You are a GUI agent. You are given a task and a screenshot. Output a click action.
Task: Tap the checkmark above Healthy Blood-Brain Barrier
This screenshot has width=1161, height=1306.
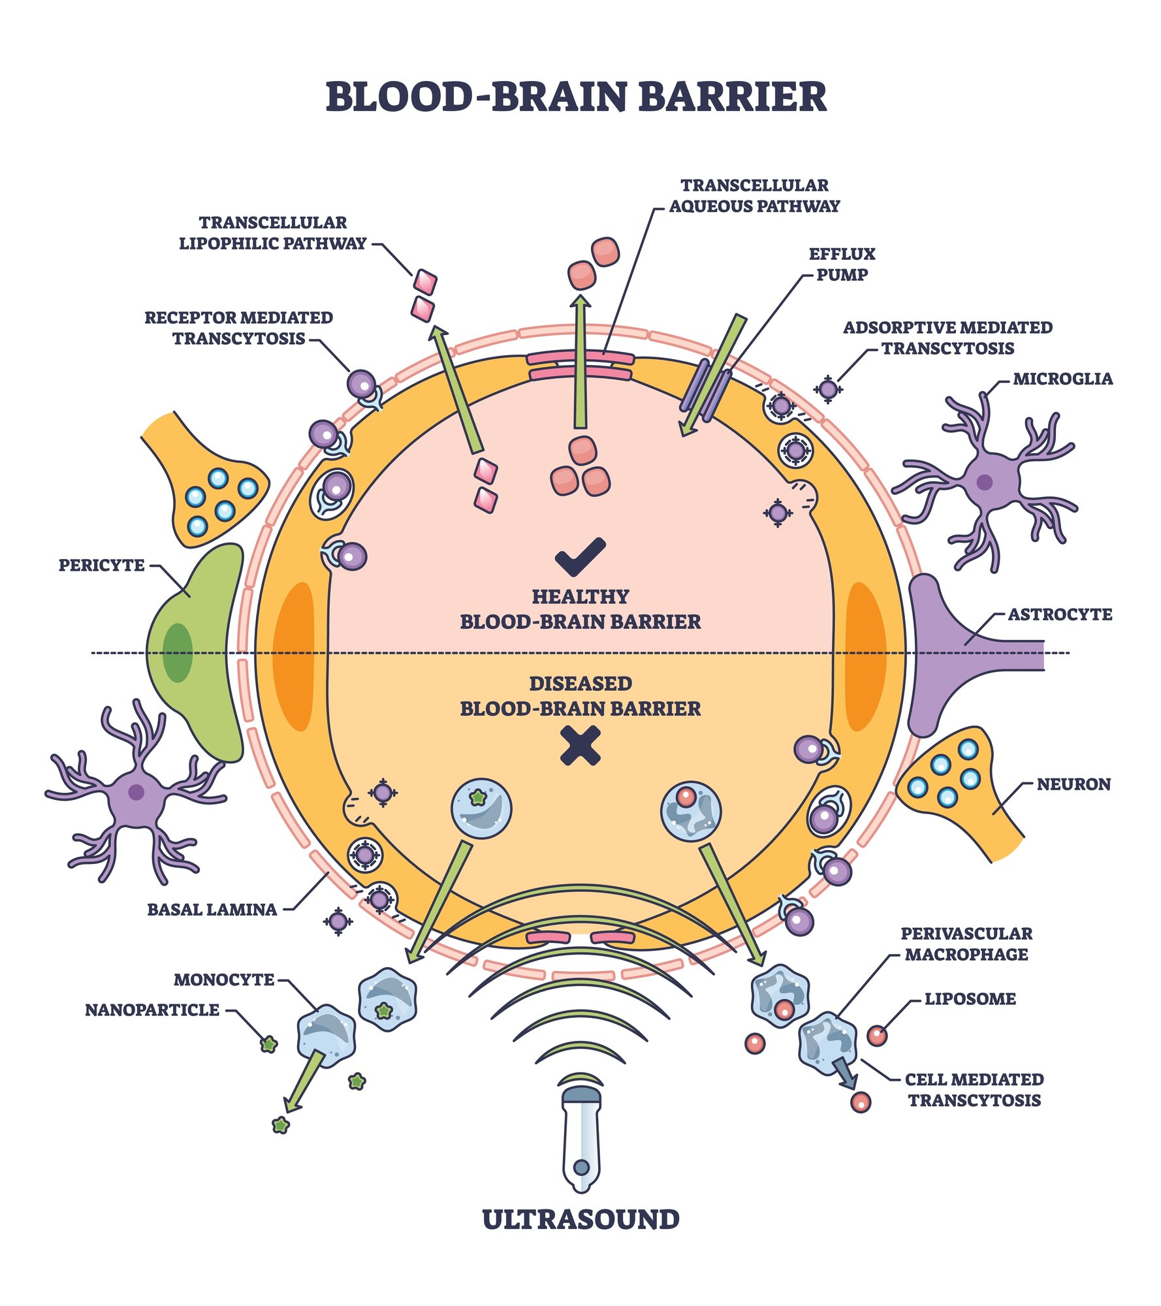[580, 556]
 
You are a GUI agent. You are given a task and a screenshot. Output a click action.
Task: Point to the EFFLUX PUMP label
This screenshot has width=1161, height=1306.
[842, 264]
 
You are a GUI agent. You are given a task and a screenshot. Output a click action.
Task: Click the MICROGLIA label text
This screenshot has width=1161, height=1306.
[1062, 379]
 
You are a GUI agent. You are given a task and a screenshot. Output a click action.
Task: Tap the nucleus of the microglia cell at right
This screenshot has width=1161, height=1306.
[984, 483]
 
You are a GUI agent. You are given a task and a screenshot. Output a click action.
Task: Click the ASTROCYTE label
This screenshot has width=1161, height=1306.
[1059, 614]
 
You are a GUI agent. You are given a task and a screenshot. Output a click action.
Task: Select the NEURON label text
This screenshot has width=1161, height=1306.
[1074, 784]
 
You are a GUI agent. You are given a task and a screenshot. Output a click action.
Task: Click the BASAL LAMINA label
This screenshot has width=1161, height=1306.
[212, 910]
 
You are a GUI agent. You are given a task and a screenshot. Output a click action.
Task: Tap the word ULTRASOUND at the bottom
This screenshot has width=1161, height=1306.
[580, 1220]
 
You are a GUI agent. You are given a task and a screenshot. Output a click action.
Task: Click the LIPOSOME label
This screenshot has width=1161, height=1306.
[970, 1017]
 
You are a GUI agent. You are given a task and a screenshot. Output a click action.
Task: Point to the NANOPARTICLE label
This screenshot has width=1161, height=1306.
[152, 1010]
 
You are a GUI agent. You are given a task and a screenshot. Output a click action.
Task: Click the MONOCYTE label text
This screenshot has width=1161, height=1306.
[224, 980]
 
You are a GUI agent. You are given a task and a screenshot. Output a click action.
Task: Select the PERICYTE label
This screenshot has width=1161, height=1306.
[101, 565]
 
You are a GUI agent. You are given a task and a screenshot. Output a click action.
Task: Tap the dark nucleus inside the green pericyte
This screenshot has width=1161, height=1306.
[178, 653]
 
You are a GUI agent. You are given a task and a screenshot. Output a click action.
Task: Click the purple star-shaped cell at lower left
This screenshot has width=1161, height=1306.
[136, 792]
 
